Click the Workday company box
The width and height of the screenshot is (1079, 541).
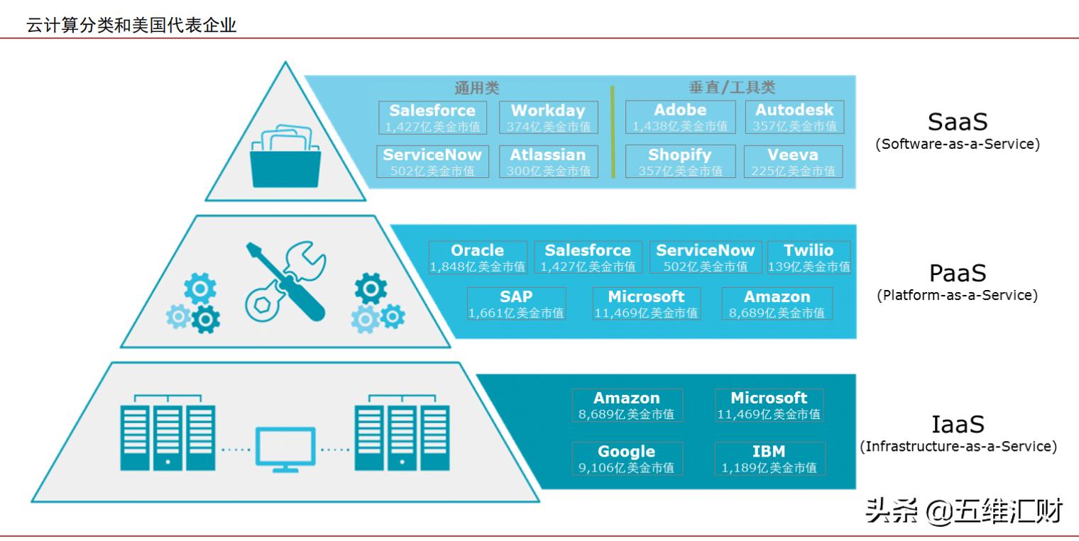[549, 118]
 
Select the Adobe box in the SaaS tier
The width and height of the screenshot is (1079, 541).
[680, 117]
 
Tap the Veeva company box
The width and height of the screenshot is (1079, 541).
[794, 162]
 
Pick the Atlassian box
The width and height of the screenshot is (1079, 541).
[549, 162]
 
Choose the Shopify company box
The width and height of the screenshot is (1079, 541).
[680, 162]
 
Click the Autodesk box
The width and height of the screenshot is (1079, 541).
[794, 117]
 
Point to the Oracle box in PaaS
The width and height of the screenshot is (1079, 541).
[478, 257]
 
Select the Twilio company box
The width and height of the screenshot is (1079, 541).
[809, 257]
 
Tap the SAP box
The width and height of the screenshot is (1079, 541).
[516, 303]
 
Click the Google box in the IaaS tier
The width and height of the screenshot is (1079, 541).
[628, 459]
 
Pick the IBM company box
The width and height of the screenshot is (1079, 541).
[769, 459]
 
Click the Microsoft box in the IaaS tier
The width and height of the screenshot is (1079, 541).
[769, 406]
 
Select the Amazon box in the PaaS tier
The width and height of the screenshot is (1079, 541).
[777, 303]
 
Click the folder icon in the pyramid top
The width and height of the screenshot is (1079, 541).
[285, 156]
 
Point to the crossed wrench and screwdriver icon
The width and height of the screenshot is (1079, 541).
[285, 281]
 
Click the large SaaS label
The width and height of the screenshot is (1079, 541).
[958, 122]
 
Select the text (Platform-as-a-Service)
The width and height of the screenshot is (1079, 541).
[958, 295]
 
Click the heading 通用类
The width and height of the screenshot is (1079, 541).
[477, 88]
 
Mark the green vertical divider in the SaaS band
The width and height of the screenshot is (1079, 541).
[612, 132]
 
